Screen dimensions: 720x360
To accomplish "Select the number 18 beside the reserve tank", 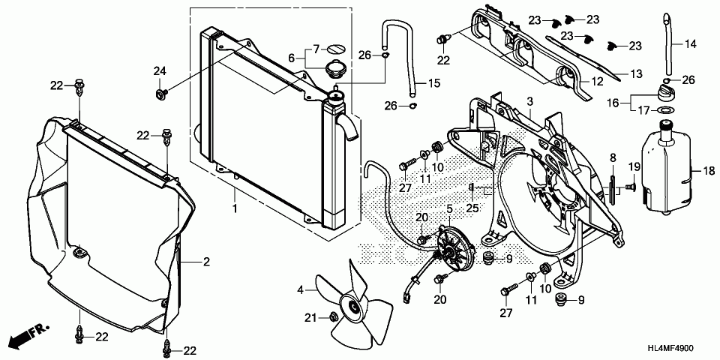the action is coord(709,171).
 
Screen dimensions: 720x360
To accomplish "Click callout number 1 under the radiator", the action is coord(234,209).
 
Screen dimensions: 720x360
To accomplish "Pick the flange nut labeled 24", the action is coord(161,94).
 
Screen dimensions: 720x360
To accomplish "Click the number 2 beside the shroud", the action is coord(206,262).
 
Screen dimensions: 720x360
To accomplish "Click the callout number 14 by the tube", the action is coord(691,44).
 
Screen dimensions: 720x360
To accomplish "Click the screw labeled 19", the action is coord(631,187).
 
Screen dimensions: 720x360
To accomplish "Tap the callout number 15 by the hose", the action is coord(434,83).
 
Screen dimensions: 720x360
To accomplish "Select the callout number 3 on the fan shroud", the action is coord(529,100).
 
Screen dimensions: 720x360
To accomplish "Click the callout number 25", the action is coord(472,208).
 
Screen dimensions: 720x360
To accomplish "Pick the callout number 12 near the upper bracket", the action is coord(597,83).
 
